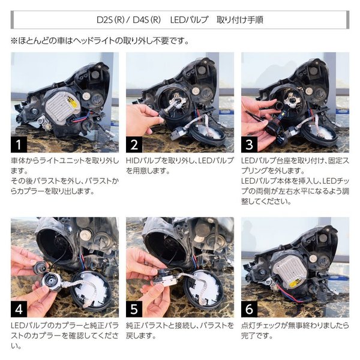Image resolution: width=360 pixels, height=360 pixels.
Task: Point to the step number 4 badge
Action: click(x=19, y=309)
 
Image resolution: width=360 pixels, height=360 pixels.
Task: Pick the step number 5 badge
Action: click(x=134, y=309)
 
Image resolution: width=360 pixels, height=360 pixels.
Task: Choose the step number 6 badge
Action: click(x=250, y=309)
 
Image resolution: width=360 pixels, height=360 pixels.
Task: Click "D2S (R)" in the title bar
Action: click(x=113, y=20)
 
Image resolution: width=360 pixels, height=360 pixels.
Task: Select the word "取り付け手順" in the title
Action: click(x=237, y=20)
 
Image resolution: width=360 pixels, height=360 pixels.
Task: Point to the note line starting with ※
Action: click(x=99, y=41)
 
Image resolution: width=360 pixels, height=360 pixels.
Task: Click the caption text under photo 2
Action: click(x=179, y=167)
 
